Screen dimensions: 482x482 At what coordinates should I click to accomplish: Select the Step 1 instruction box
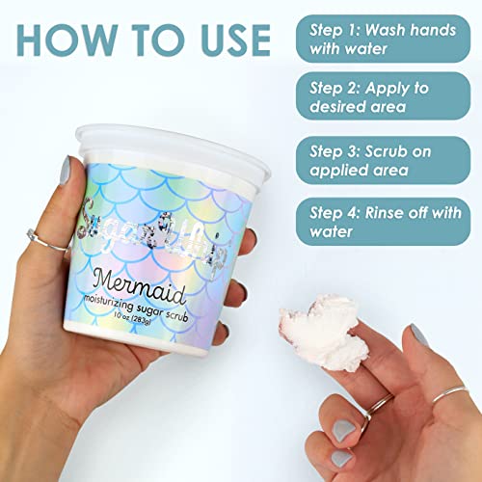384,39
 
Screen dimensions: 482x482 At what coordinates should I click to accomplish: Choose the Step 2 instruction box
384,99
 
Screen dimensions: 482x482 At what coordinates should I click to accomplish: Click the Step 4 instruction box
384,222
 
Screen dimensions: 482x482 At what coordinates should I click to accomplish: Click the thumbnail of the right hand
421,335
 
